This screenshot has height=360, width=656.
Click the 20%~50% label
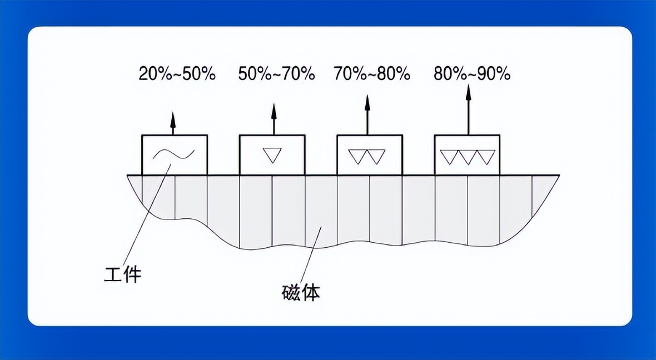[177, 74]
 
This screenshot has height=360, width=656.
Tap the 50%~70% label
[276, 74]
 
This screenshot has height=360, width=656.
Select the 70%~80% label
[372, 74]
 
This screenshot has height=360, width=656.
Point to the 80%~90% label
[472, 74]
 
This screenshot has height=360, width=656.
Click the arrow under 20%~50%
[172, 123]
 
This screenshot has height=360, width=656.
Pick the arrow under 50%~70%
[274, 119]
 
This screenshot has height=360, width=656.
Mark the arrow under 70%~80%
[367, 114]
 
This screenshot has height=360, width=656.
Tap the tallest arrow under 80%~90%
[468, 109]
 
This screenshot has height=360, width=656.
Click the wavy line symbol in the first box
[173, 154]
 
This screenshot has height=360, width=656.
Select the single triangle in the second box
[271, 155]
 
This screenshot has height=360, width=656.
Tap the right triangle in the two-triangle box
[376, 156]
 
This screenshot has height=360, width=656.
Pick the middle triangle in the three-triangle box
[468, 156]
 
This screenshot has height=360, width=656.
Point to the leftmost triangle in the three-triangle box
[450, 156]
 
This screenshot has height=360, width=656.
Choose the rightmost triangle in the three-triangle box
[486, 156]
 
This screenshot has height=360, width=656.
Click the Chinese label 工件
[122, 274]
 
